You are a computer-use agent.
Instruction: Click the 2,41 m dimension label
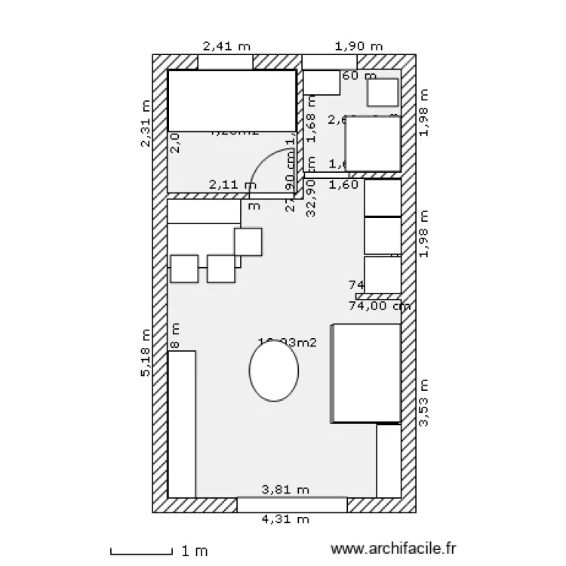pyautogui.click(x=226, y=46)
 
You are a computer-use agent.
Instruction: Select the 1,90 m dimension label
pyautogui.click(x=358, y=46)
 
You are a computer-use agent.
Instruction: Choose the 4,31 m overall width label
pyautogui.click(x=285, y=519)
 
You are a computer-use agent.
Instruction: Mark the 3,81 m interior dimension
pyautogui.click(x=285, y=490)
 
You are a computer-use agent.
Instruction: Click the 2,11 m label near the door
pyautogui.click(x=227, y=183)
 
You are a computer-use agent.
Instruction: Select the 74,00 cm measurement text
pyautogui.click(x=379, y=306)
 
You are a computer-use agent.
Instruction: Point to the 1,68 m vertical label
pyautogui.click(x=310, y=118)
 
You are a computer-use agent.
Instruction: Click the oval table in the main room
pyautogui.click(x=274, y=371)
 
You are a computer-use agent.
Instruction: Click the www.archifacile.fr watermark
pyautogui.click(x=394, y=550)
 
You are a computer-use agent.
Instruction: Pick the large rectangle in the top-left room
pyautogui.click(x=232, y=100)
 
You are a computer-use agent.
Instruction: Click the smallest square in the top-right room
pyautogui.click(x=383, y=93)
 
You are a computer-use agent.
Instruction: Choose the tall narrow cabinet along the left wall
pyautogui.click(x=182, y=423)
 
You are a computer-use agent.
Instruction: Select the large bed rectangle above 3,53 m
pyautogui.click(x=367, y=373)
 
